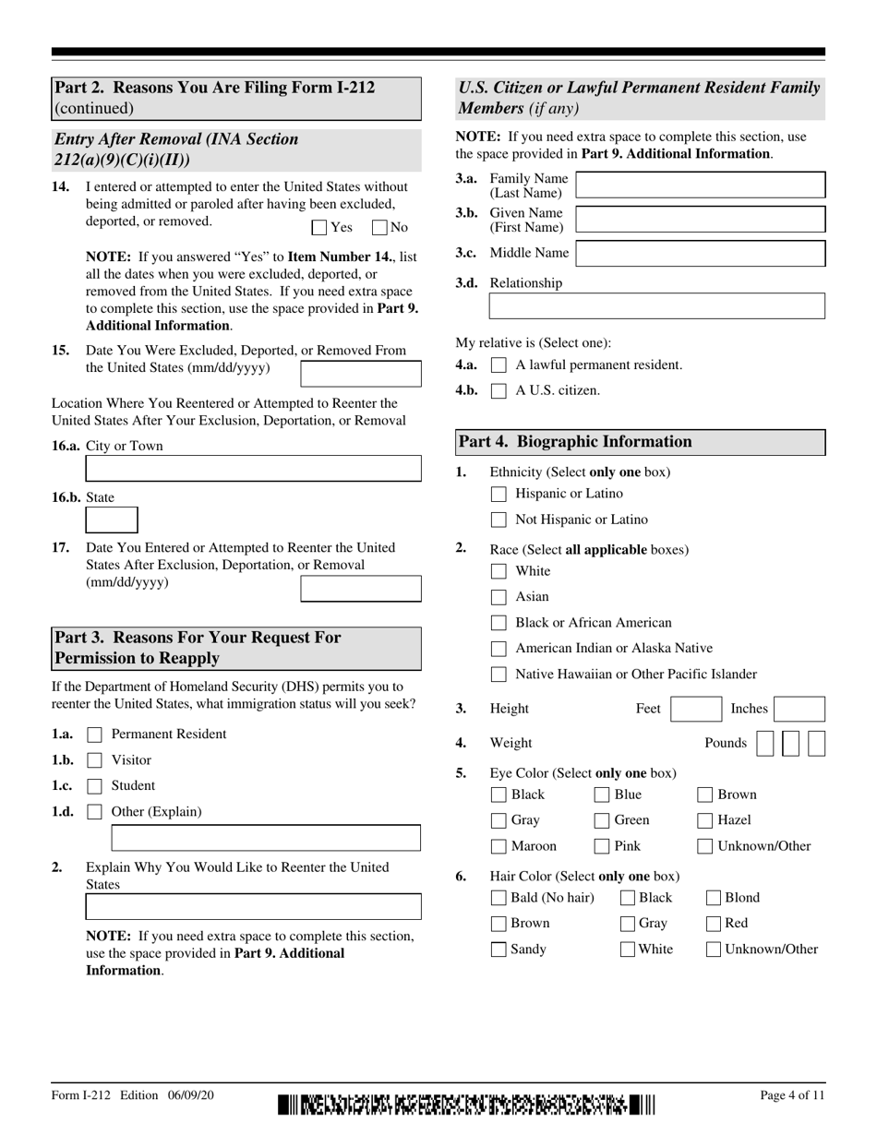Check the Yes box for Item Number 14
[318, 227]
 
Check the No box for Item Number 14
[378, 227]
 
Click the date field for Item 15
[361, 374]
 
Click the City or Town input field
[253, 469]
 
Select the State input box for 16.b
[112, 520]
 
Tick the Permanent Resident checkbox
[94, 735]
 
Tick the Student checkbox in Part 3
[94, 787]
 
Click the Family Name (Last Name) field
[700, 185]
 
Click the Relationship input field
[656, 306]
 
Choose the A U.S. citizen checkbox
[499, 390]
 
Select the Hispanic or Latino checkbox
[499, 494]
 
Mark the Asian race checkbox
[499, 597]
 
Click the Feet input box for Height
[695, 710]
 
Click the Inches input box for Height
[799, 710]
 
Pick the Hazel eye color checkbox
[704, 820]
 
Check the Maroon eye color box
[499, 846]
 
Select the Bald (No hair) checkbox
[499, 898]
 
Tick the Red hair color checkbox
[713, 924]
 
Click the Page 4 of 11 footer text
[792, 1095]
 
